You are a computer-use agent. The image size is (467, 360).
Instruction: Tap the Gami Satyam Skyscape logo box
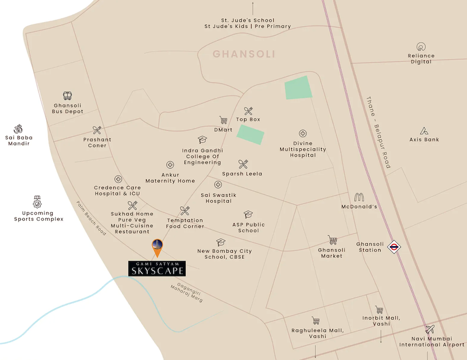(x=157, y=268)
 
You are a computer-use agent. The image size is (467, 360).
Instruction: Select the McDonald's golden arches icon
(x=360, y=197)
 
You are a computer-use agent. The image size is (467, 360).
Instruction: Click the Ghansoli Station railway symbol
(x=395, y=247)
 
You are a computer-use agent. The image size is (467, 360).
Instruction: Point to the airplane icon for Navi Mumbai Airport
(x=430, y=329)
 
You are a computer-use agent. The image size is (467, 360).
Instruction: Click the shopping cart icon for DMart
(x=223, y=120)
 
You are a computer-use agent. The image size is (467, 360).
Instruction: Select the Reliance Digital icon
(x=421, y=47)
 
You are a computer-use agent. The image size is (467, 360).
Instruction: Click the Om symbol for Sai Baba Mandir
(x=18, y=128)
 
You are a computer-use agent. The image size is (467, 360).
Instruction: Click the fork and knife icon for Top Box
(x=249, y=110)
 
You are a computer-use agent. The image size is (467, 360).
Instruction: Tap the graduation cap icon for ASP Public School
(x=248, y=215)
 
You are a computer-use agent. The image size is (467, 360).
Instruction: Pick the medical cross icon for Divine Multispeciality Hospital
(x=302, y=134)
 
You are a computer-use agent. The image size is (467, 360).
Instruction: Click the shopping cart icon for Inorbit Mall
(x=379, y=310)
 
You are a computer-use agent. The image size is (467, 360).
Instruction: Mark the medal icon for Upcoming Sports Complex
(x=38, y=200)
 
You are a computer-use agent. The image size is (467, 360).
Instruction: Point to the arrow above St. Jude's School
(x=252, y=8)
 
